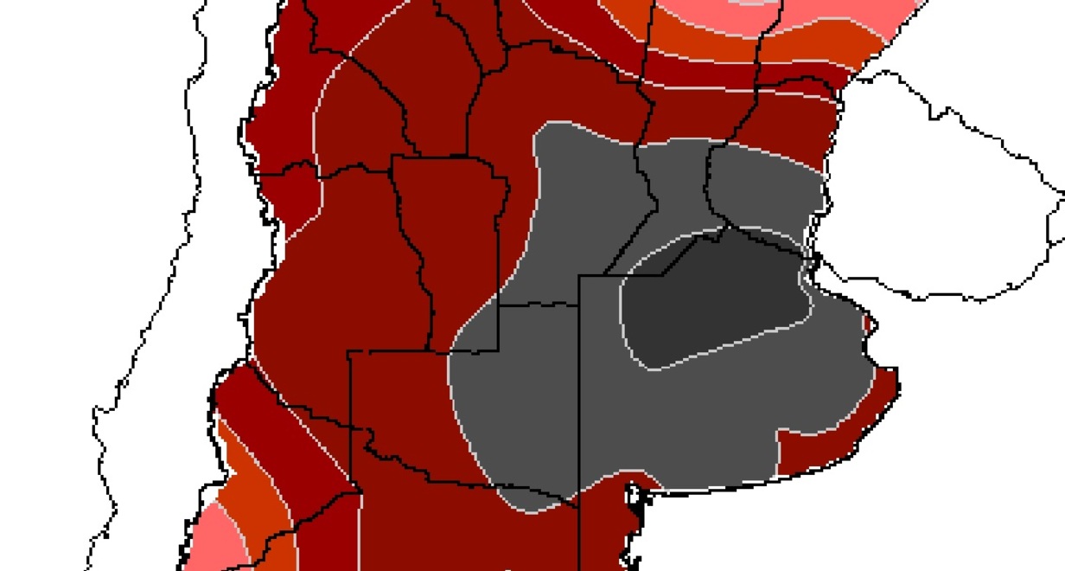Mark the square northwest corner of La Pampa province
pos(349,352)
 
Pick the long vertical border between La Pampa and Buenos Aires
pos(579,389)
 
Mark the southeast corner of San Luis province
pos(498,350)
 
